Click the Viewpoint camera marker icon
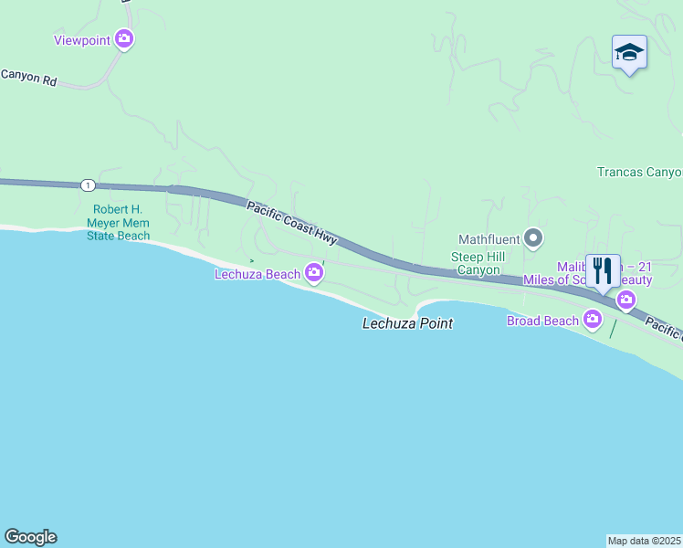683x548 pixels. (124, 39)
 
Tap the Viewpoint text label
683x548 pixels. (81, 40)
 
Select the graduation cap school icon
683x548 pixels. (629, 52)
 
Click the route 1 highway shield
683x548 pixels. (87, 185)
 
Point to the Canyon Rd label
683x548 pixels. (28, 79)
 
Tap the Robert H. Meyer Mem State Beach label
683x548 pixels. (119, 222)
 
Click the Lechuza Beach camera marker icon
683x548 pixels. (314, 273)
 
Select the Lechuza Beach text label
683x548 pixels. (257, 274)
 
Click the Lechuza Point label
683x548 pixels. (407, 323)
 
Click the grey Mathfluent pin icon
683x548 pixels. (534, 239)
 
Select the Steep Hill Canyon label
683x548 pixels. (477, 264)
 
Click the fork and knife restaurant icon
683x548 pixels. (603, 270)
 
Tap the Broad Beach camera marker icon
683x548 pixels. (594, 320)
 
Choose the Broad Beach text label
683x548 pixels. (542, 321)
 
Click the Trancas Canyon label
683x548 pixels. (639, 172)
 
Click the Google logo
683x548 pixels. (30, 537)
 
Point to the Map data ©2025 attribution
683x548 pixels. (645, 541)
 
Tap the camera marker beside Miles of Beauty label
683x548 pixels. (626, 299)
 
